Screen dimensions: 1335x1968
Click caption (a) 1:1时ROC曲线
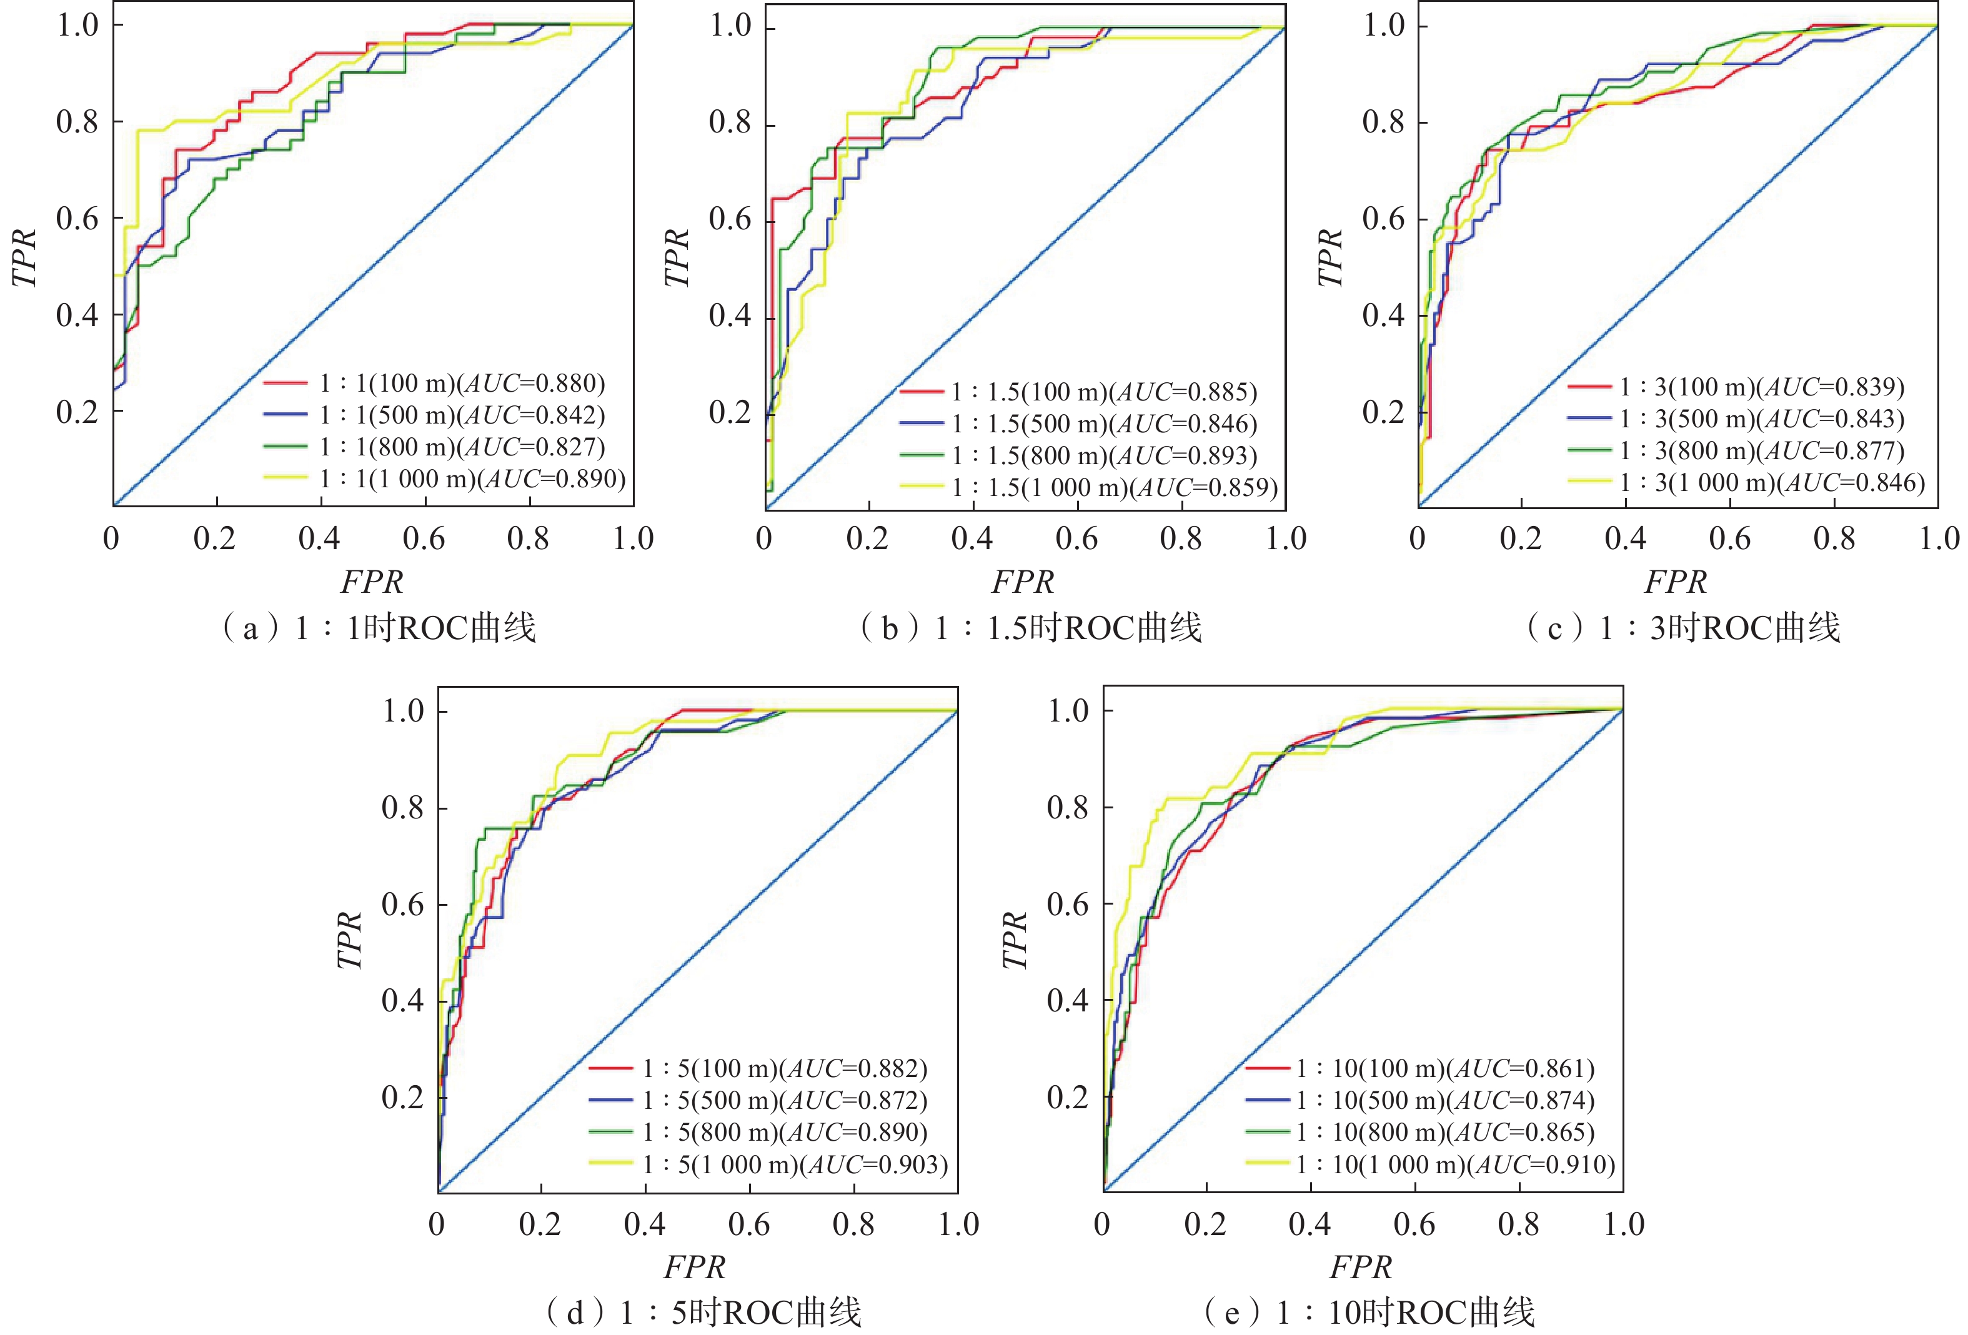click(379, 628)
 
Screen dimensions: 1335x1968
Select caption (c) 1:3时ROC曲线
click(1684, 628)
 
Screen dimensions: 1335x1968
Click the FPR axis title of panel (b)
click(1023, 582)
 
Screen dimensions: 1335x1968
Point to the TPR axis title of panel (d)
click(349, 940)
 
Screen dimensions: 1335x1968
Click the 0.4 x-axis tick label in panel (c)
click(1625, 538)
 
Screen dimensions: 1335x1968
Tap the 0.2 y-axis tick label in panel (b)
click(730, 412)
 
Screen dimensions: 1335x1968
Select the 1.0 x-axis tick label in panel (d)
click(958, 1224)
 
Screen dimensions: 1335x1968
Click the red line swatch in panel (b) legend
click(922, 392)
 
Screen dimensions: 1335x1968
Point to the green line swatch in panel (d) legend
click(610, 1133)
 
